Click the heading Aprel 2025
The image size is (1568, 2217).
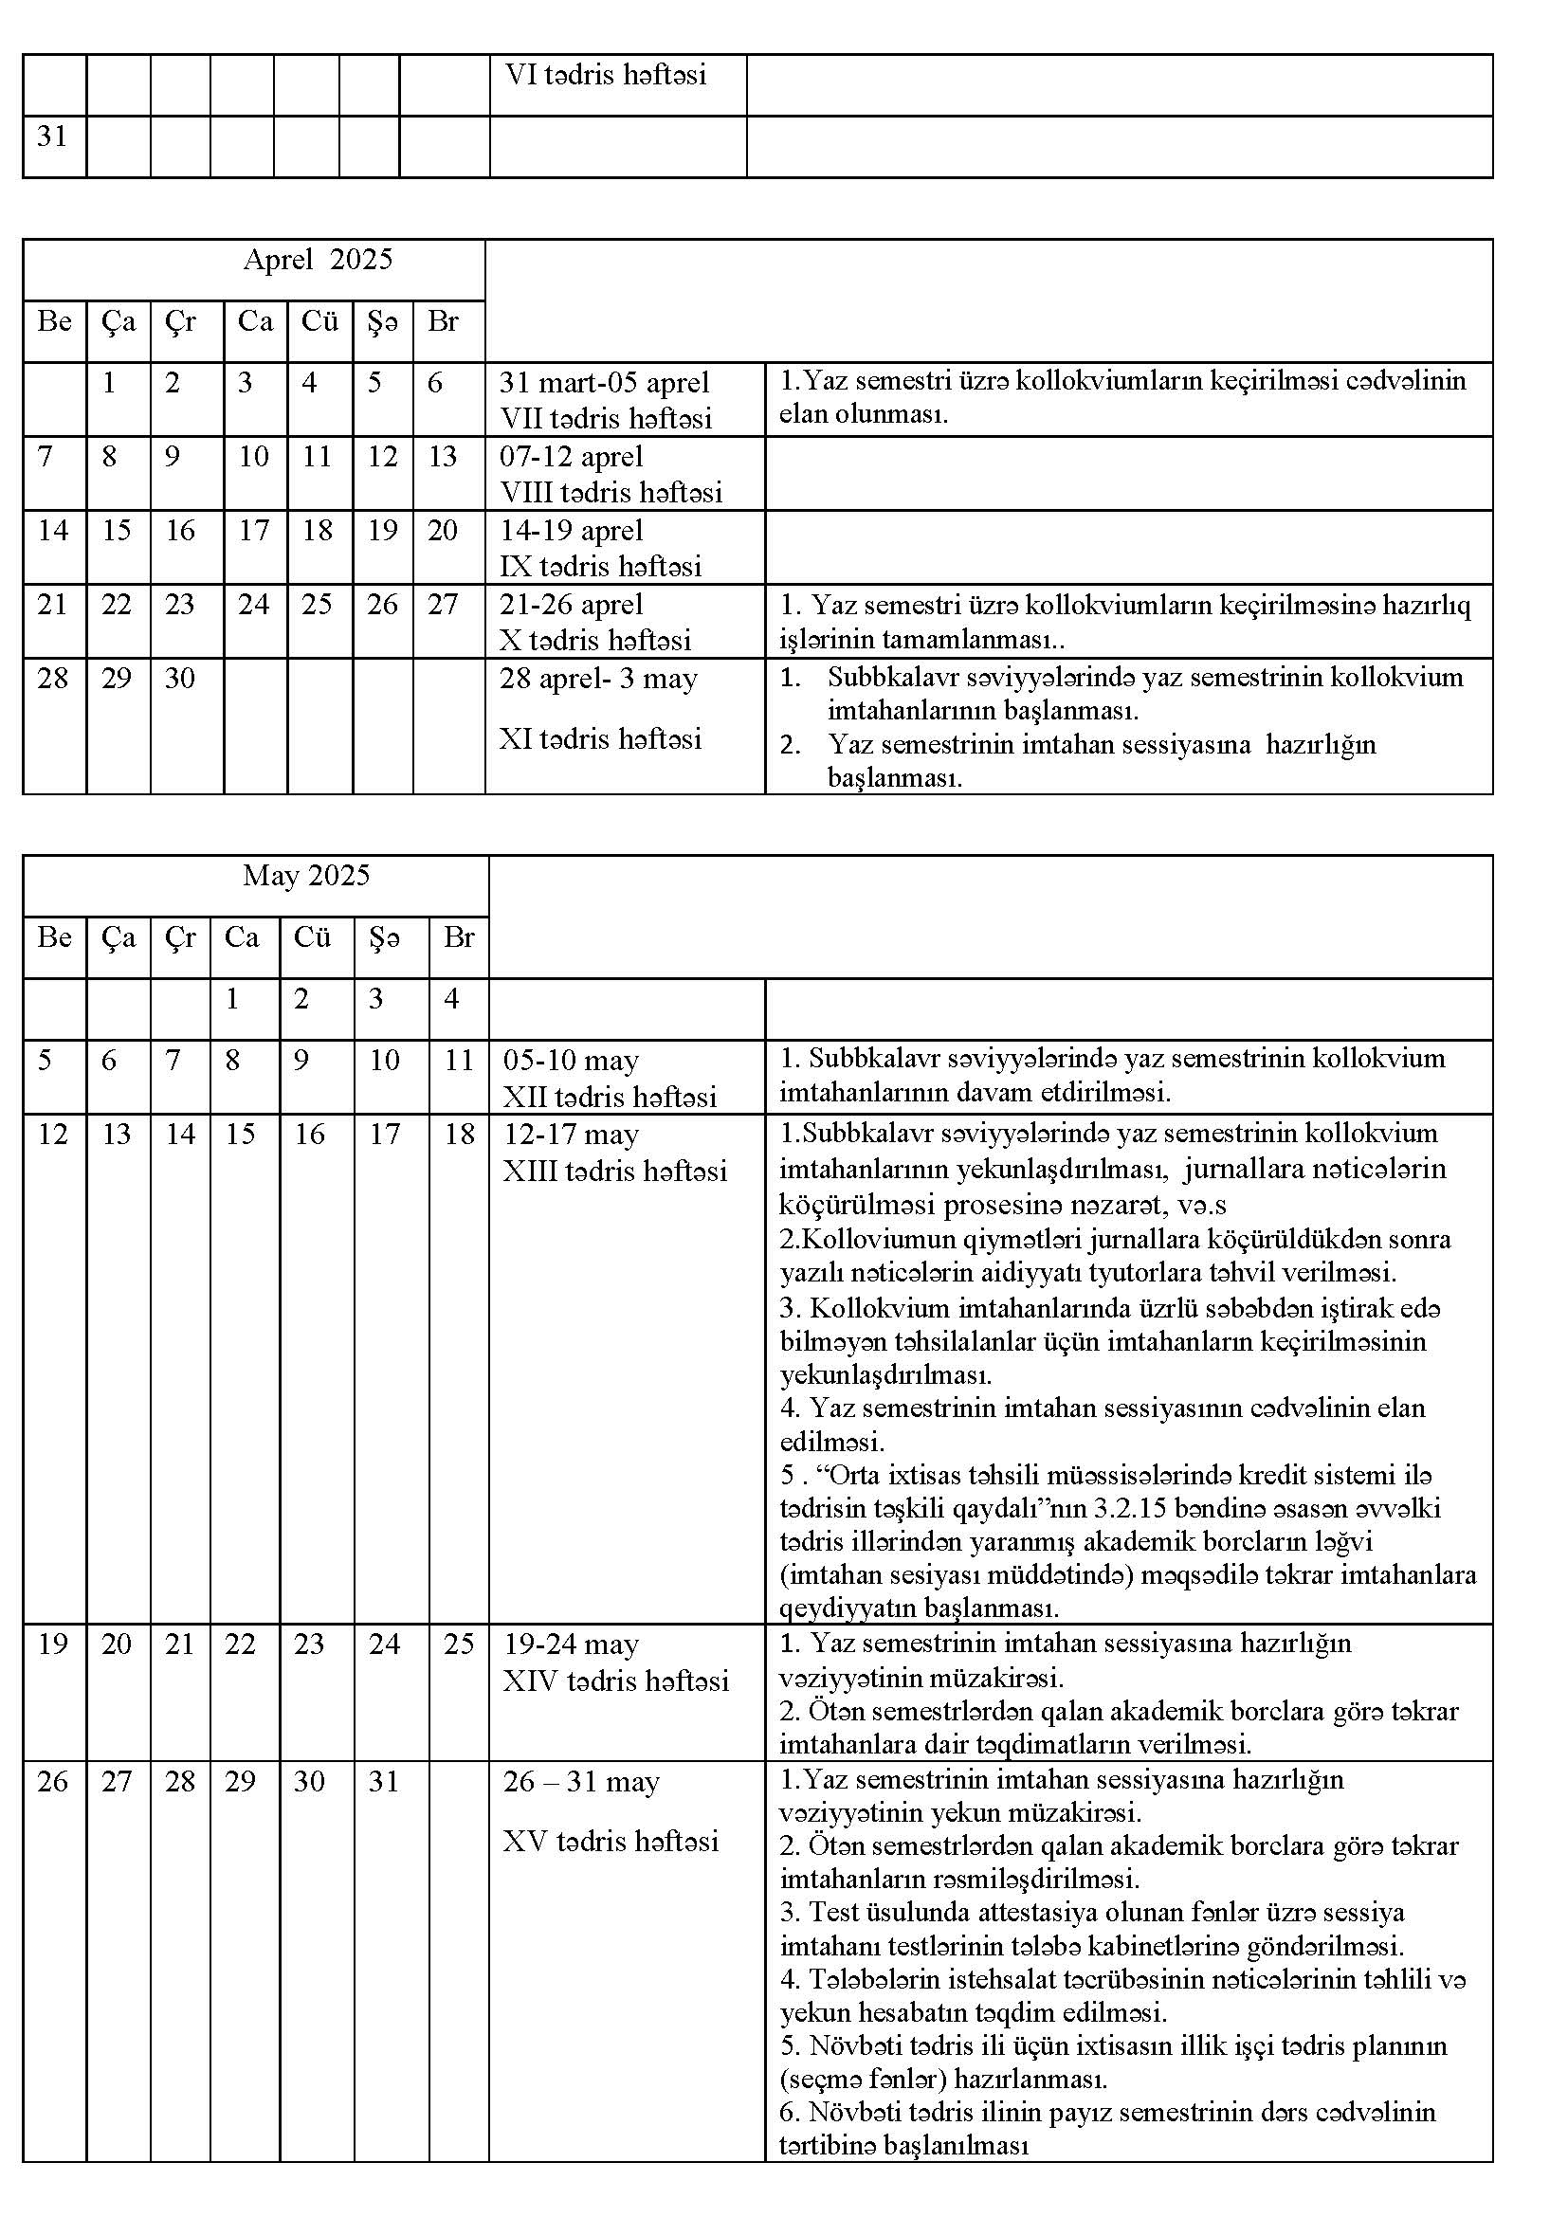(318, 260)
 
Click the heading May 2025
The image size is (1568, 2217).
(306, 876)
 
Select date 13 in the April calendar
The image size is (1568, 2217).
(442, 457)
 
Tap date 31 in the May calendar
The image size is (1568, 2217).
(383, 1782)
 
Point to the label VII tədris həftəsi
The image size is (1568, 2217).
(606, 419)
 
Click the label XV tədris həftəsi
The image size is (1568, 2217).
(611, 1842)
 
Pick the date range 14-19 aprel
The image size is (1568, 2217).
(571, 531)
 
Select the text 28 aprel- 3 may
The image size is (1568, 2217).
(597, 679)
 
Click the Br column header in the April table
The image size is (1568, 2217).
(442, 321)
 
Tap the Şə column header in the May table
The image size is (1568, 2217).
(383, 937)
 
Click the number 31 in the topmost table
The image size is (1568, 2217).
(52, 137)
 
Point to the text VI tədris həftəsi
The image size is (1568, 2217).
(606, 75)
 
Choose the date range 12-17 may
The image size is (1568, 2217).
(571, 1135)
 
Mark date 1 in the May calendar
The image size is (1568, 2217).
(231, 999)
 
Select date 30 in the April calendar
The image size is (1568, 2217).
(179, 679)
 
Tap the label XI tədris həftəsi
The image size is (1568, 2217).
(599, 739)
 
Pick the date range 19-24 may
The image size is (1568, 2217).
(571, 1645)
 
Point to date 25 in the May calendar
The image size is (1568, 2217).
(459, 1645)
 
